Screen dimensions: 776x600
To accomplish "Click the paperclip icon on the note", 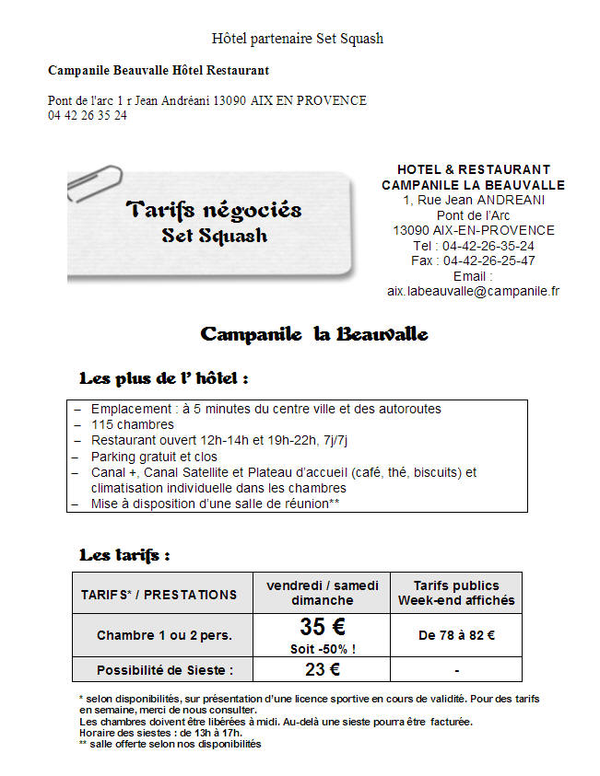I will pyautogui.click(x=95, y=182).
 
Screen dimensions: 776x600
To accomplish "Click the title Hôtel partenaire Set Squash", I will pyautogui.click(x=298, y=39).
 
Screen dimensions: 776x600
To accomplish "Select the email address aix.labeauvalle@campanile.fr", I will pyautogui.click(x=473, y=291).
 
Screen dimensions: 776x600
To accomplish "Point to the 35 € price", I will pyautogui.click(x=323, y=627).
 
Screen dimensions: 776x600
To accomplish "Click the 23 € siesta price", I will pyautogui.click(x=323, y=669).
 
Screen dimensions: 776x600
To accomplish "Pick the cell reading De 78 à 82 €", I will pyautogui.click(x=456, y=635).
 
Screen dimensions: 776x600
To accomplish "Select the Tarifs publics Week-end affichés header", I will pyautogui.click(x=456, y=593).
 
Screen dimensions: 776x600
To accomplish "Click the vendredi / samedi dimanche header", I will pyautogui.click(x=323, y=593).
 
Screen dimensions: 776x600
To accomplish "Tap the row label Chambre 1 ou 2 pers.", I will pyautogui.click(x=164, y=635).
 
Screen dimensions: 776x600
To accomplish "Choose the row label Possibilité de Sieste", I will pyautogui.click(x=165, y=670).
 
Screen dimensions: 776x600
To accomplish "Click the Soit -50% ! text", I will pyautogui.click(x=323, y=648).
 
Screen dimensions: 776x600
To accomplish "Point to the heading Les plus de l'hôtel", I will pyautogui.click(x=164, y=378).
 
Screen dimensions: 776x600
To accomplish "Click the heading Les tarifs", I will pyautogui.click(x=124, y=555).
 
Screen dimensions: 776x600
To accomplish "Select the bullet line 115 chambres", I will pyautogui.click(x=133, y=425).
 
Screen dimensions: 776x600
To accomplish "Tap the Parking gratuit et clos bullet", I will pyautogui.click(x=154, y=457).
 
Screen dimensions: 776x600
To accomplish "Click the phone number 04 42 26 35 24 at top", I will pyautogui.click(x=88, y=116).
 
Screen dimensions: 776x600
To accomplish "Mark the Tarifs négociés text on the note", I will pyautogui.click(x=214, y=210).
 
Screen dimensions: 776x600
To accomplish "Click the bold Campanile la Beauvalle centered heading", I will pyautogui.click(x=314, y=333).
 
